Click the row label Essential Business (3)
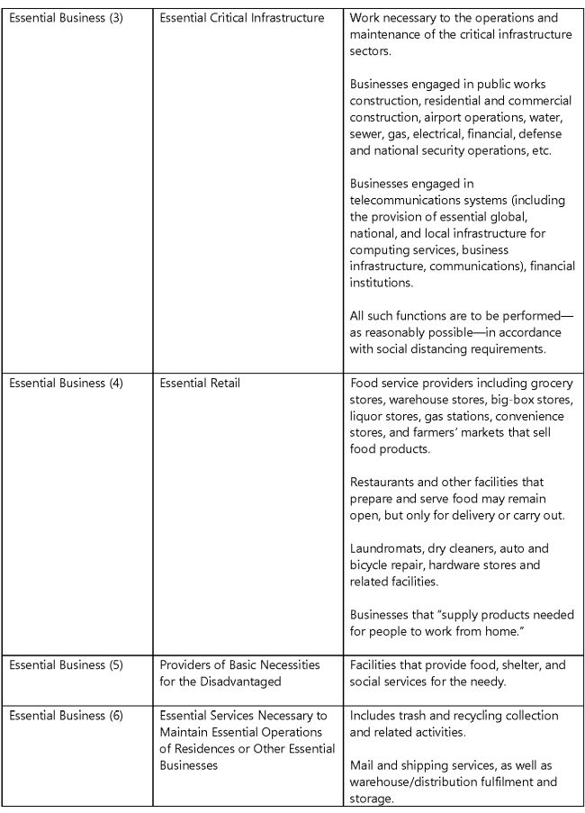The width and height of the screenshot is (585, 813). tap(66, 18)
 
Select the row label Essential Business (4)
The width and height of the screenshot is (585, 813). tap(66, 383)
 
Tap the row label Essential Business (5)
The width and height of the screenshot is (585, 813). tap(66, 665)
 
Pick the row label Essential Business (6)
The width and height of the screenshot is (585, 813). tap(66, 716)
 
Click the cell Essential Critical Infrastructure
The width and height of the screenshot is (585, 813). tap(242, 18)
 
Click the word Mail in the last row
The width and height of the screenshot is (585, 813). tap(364, 765)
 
